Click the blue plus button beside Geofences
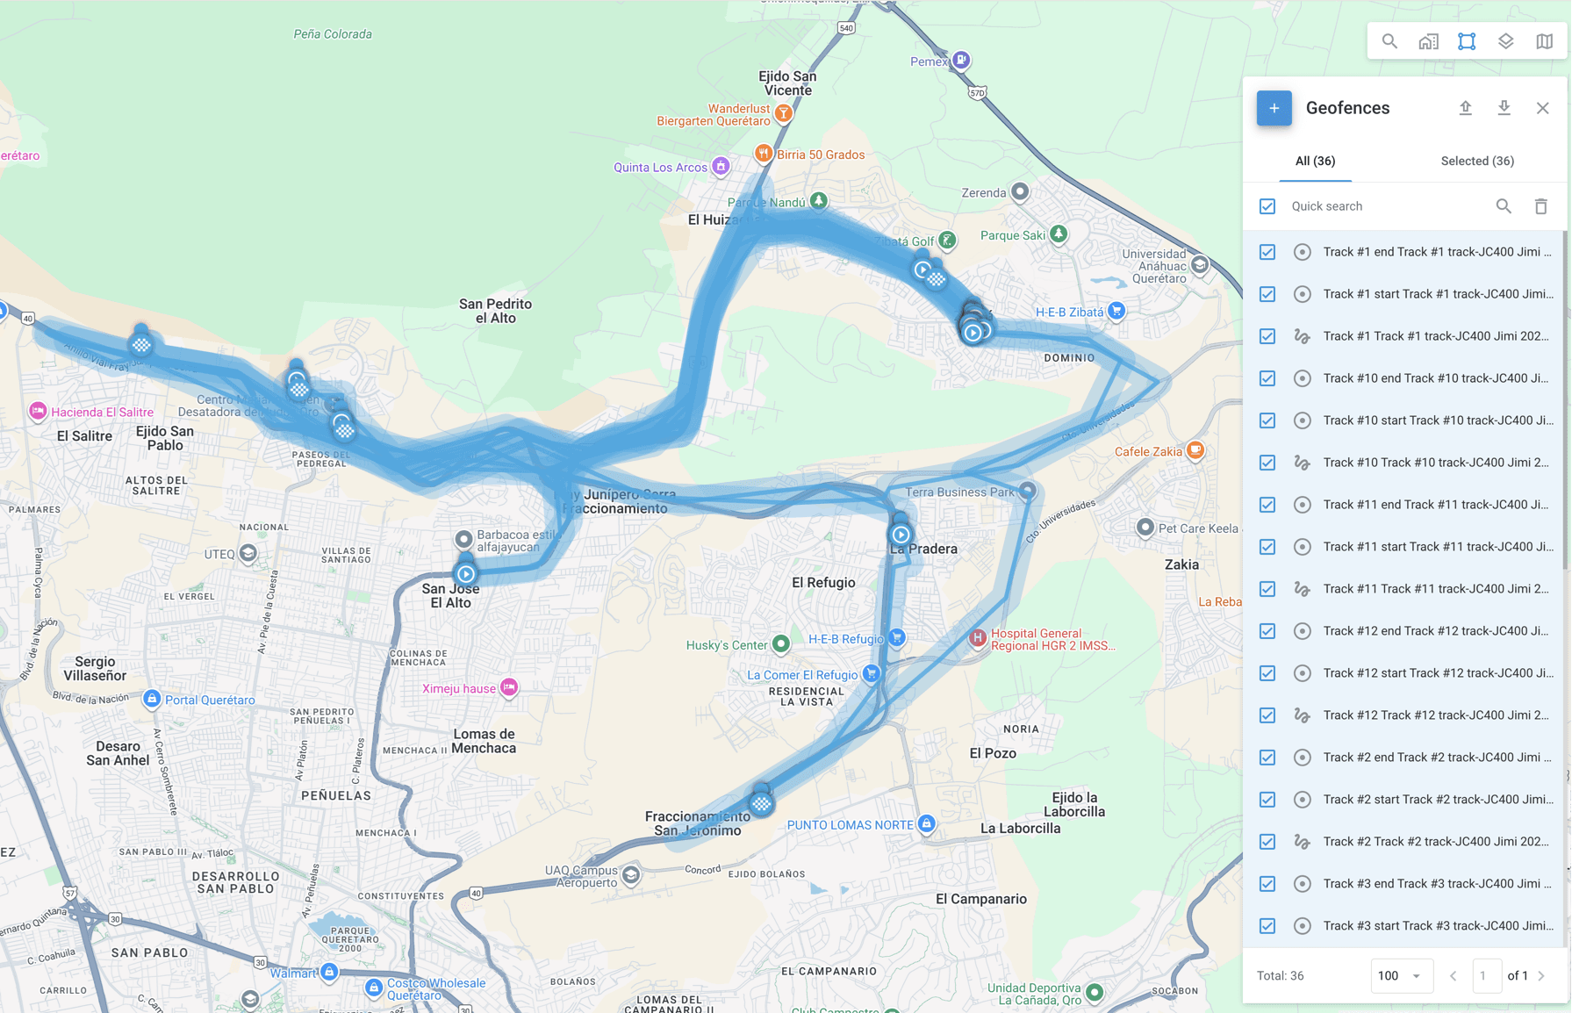(x=1274, y=108)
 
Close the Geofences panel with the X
(x=1542, y=108)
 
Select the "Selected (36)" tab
(x=1476, y=161)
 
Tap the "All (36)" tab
(x=1315, y=161)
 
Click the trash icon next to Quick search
(x=1540, y=206)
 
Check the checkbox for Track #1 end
(x=1267, y=252)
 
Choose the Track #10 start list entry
(x=1437, y=420)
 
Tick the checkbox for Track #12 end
(x=1267, y=631)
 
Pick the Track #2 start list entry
(x=1437, y=800)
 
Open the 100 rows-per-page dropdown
(x=1400, y=975)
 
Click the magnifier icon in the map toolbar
(x=1389, y=41)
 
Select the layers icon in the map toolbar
(x=1505, y=41)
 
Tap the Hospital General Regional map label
(x=1052, y=639)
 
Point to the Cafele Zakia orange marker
(x=1195, y=450)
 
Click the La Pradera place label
(x=922, y=550)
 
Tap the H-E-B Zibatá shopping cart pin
(x=1116, y=311)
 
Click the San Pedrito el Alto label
(x=495, y=311)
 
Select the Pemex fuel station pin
(x=961, y=60)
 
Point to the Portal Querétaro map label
(x=210, y=700)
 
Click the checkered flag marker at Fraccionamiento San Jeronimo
(x=761, y=803)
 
